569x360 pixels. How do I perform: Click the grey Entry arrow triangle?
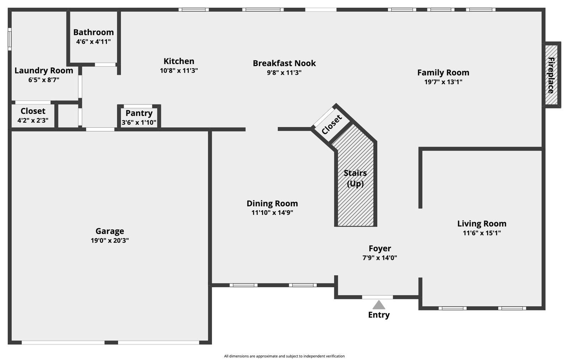tap(379, 305)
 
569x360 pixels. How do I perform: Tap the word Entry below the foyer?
tap(379, 315)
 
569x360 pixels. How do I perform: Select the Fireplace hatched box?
tap(551, 75)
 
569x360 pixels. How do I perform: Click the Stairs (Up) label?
tap(355, 178)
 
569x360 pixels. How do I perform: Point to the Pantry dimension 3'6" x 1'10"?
tap(139, 123)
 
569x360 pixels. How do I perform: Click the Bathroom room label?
tap(94, 32)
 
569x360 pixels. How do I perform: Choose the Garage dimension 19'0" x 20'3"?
tap(110, 240)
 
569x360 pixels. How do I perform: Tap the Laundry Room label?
tap(44, 70)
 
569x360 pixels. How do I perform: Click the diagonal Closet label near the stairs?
tap(331, 124)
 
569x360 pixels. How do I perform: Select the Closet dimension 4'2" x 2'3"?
tap(33, 120)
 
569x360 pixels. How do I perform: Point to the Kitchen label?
tap(179, 61)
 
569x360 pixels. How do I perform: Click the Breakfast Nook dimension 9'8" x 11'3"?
tap(284, 73)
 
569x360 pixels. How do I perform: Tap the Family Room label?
tap(443, 73)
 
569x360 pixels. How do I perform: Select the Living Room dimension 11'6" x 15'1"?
tap(482, 233)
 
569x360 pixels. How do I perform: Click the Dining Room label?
tap(272, 203)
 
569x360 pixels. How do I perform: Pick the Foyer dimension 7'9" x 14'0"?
tap(379, 258)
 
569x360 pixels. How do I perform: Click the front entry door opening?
tap(377, 297)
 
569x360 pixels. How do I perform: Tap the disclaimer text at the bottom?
tap(284, 356)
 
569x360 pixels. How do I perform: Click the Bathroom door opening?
tap(105, 65)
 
